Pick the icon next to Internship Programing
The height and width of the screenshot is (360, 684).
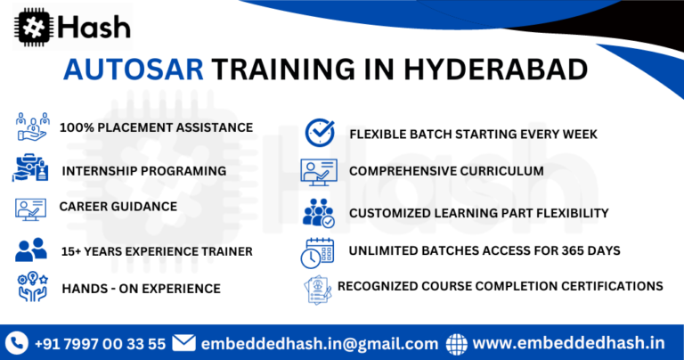point(31,168)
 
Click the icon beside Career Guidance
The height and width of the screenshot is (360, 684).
point(31,209)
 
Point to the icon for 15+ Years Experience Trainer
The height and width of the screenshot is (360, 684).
point(31,250)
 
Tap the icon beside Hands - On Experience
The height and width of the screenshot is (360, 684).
point(31,288)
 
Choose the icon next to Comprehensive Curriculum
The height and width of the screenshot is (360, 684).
point(320,171)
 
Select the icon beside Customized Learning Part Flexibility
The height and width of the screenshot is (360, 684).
point(318,213)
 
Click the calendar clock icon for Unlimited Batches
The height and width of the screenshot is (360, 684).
point(317,252)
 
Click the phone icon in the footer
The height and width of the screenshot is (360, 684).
point(18,343)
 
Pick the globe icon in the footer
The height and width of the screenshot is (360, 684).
point(457,343)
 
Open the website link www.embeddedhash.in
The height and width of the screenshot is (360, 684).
point(569,343)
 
